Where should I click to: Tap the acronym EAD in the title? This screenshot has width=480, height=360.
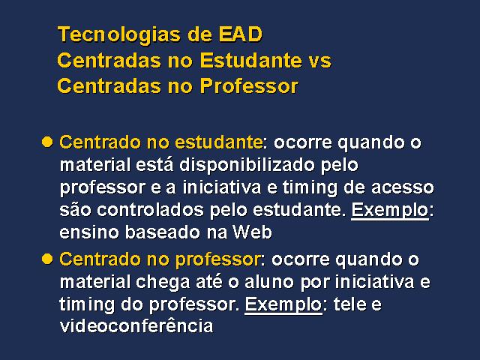pyautogui.click(x=240, y=34)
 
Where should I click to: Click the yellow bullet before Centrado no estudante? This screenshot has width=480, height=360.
pyautogui.click(x=47, y=142)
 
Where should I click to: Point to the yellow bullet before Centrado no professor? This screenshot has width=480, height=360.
pyautogui.click(x=47, y=259)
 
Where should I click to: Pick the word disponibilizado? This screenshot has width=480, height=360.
pyautogui.click(x=247, y=166)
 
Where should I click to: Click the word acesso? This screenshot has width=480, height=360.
pyautogui.click(x=403, y=187)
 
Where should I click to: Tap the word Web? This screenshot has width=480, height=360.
pyautogui.click(x=252, y=232)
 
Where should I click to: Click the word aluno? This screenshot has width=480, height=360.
pyautogui.click(x=269, y=282)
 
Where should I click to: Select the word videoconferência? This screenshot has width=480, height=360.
pyautogui.click(x=136, y=325)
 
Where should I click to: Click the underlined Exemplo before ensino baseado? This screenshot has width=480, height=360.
pyautogui.click(x=390, y=211)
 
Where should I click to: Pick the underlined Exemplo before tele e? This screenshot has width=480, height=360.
pyautogui.click(x=283, y=305)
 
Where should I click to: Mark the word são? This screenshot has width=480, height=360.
pyautogui.click(x=75, y=210)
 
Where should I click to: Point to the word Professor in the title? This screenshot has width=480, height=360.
pyautogui.click(x=249, y=86)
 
